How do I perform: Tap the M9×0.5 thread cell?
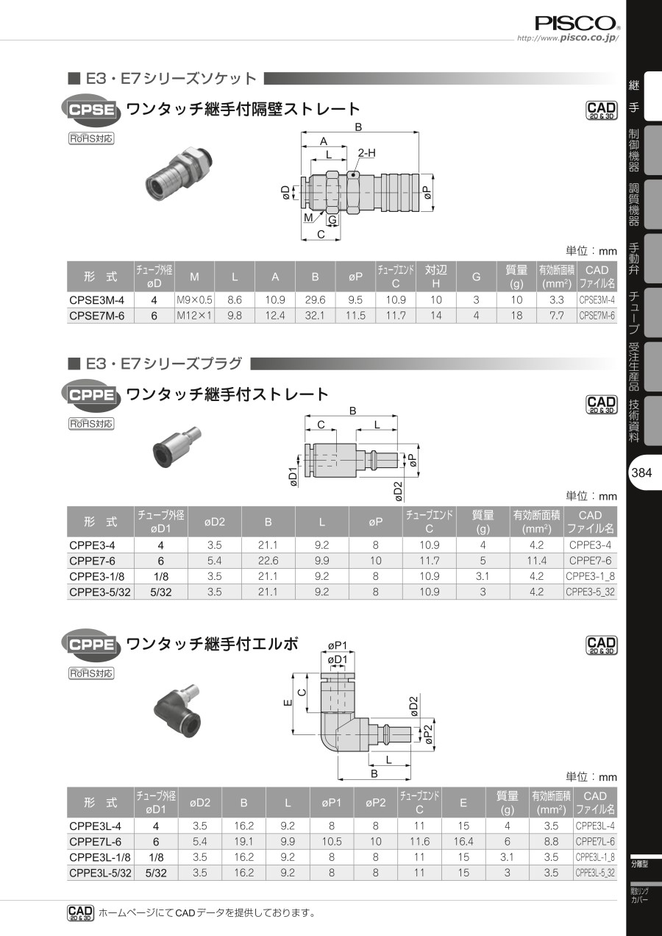tap(194, 299)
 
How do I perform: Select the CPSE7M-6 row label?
tap(97, 316)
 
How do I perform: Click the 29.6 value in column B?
tap(315, 299)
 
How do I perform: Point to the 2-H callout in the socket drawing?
tap(366, 153)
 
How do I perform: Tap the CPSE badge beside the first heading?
tap(91, 110)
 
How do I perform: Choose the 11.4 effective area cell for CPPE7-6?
tap(536, 560)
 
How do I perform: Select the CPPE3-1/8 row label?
tap(97, 576)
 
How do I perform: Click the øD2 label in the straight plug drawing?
tap(399, 491)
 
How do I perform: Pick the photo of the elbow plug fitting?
tap(178, 711)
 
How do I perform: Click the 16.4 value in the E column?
tap(463, 841)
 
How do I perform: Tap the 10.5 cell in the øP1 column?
tap(331, 841)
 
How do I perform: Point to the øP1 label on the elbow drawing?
tap(338, 645)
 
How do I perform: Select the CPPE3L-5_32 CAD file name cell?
tap(595, 873)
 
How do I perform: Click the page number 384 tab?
tap(641, 472)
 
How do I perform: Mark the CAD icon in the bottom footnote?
tap(81, 913)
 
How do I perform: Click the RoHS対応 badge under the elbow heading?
tap(91, 673)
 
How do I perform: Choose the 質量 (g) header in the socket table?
tap(516, 277)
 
